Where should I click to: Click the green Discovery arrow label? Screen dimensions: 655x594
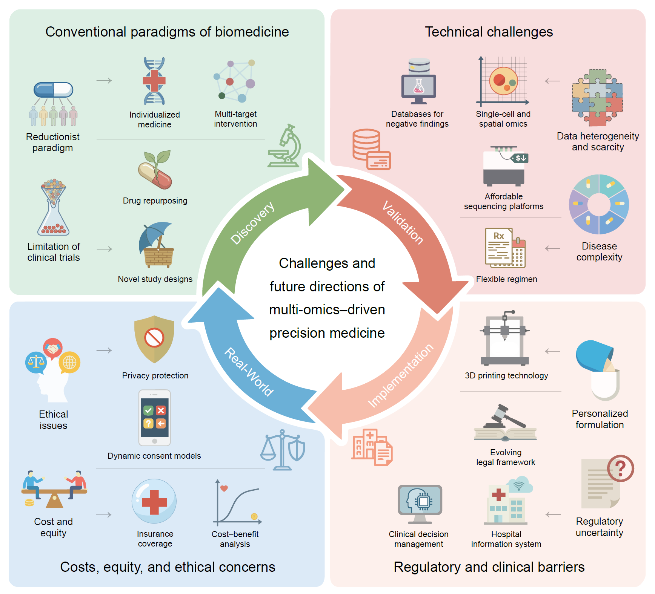[252, 223]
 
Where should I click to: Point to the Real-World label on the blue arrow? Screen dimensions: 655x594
[249, 372]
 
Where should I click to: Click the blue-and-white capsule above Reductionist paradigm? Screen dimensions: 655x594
[53, 90]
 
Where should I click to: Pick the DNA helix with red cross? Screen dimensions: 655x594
[154, 81]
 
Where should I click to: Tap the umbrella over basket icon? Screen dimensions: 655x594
[157, 245]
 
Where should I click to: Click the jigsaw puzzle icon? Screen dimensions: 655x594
[597, 97]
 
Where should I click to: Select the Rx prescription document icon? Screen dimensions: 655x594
[505, 248]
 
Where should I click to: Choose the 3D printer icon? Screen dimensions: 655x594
[504, 338]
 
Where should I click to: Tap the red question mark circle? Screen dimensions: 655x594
[621, 468]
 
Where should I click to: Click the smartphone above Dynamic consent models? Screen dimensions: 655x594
[155, 418]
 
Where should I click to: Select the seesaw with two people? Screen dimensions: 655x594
[54, 489]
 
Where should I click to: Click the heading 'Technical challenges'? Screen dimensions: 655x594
[489, 32]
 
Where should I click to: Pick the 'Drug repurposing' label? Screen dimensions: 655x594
[155, 201]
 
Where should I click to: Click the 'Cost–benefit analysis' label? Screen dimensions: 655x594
[235, 539]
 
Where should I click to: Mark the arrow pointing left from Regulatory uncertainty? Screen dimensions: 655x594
[553, 514]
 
